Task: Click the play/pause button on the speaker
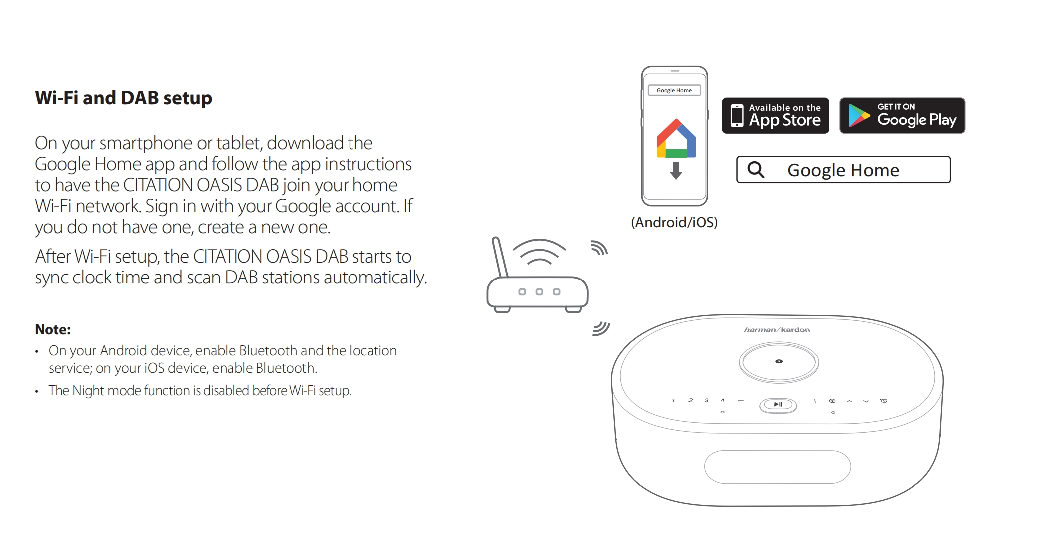[x=778, y=405]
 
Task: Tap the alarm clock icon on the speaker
[x=883, y=401]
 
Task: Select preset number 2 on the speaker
[x=690, y=400]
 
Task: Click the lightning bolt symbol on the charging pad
[x=779, y=361]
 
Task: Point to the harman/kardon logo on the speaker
[x=777, y=330]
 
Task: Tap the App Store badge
[x=775, y=116]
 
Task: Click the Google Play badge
[x=902, y=116]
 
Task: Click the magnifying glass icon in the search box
[x=756, y=170]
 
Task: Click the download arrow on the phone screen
[x=676, y=170]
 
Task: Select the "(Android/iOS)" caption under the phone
[x=674, y=222]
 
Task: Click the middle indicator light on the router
[x=539, y=292]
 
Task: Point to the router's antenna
[x=500, y=257]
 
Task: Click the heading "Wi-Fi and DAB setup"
[x=123, y=98]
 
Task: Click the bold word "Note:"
[x=53, y=329]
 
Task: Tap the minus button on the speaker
[x=741, y=400]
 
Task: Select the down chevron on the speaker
[x=866, y=401]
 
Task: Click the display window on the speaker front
[x=777, y=467]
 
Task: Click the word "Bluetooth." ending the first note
[x=286, y=368]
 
